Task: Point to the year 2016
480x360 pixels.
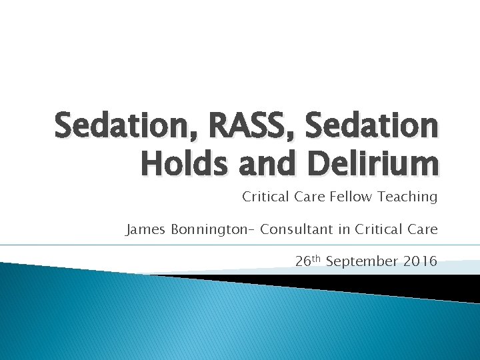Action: [x=420, y=261]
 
